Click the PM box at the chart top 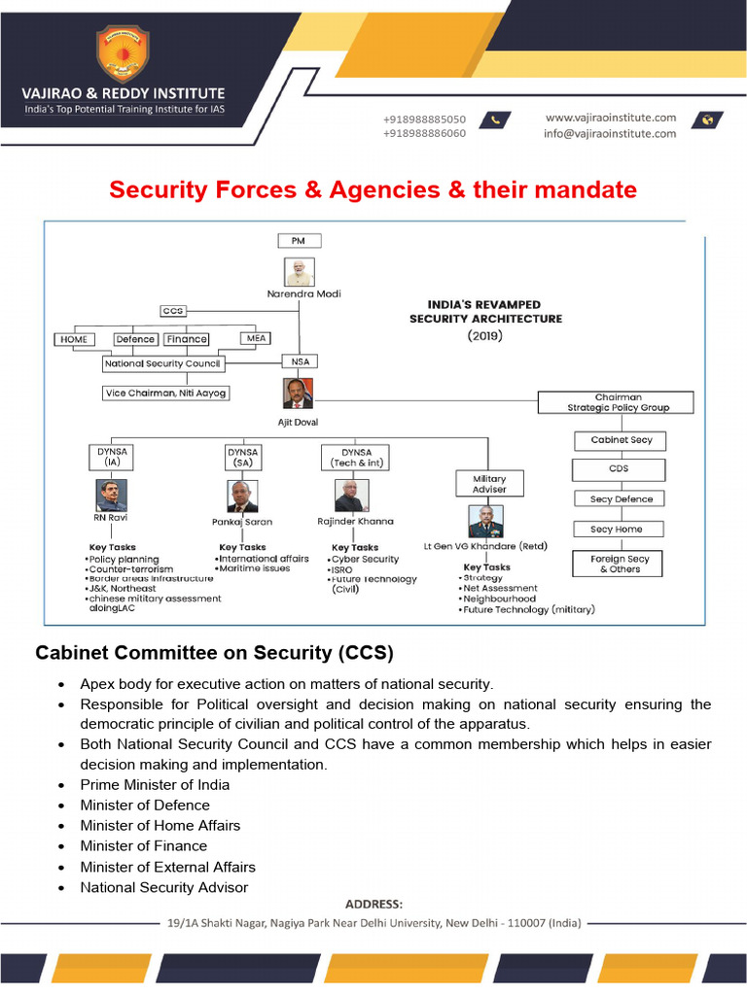point(300,240)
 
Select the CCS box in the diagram point(173,311)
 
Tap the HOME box point(74,339)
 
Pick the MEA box point(254,339)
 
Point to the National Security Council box point(163,363)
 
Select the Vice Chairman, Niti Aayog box point(166,393)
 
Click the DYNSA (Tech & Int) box point(356,458)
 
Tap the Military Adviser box point(489,483)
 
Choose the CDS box point(620,468)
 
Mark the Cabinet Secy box point(622,440)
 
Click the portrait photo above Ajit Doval point(299,394)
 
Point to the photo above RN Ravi point(112,496)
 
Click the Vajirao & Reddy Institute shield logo point(123,54)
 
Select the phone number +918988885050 point(424,120)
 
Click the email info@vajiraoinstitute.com point(610,134)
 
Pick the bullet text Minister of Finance point(144,845)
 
